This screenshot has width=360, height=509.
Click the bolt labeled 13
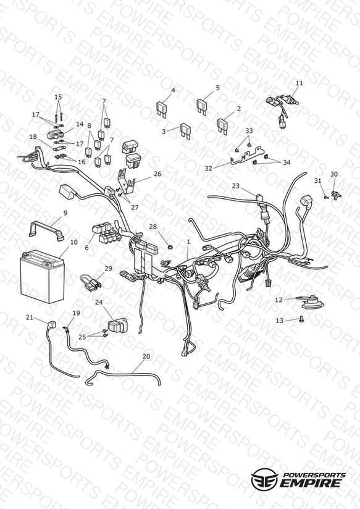point(301,319)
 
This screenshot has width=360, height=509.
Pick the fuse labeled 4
point(162,109)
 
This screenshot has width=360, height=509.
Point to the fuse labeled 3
point(185,130)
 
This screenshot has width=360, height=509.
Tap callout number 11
point(299,83)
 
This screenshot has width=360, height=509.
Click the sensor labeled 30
point(336,195)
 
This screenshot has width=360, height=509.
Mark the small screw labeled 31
point(325,196)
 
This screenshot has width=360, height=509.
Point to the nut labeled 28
point(169,247)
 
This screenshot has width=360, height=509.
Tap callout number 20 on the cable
point(146,356)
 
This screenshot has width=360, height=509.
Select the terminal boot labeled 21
point(51,325)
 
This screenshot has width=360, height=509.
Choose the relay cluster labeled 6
point(105,232)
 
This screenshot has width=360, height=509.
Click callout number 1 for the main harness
point(188,242)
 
